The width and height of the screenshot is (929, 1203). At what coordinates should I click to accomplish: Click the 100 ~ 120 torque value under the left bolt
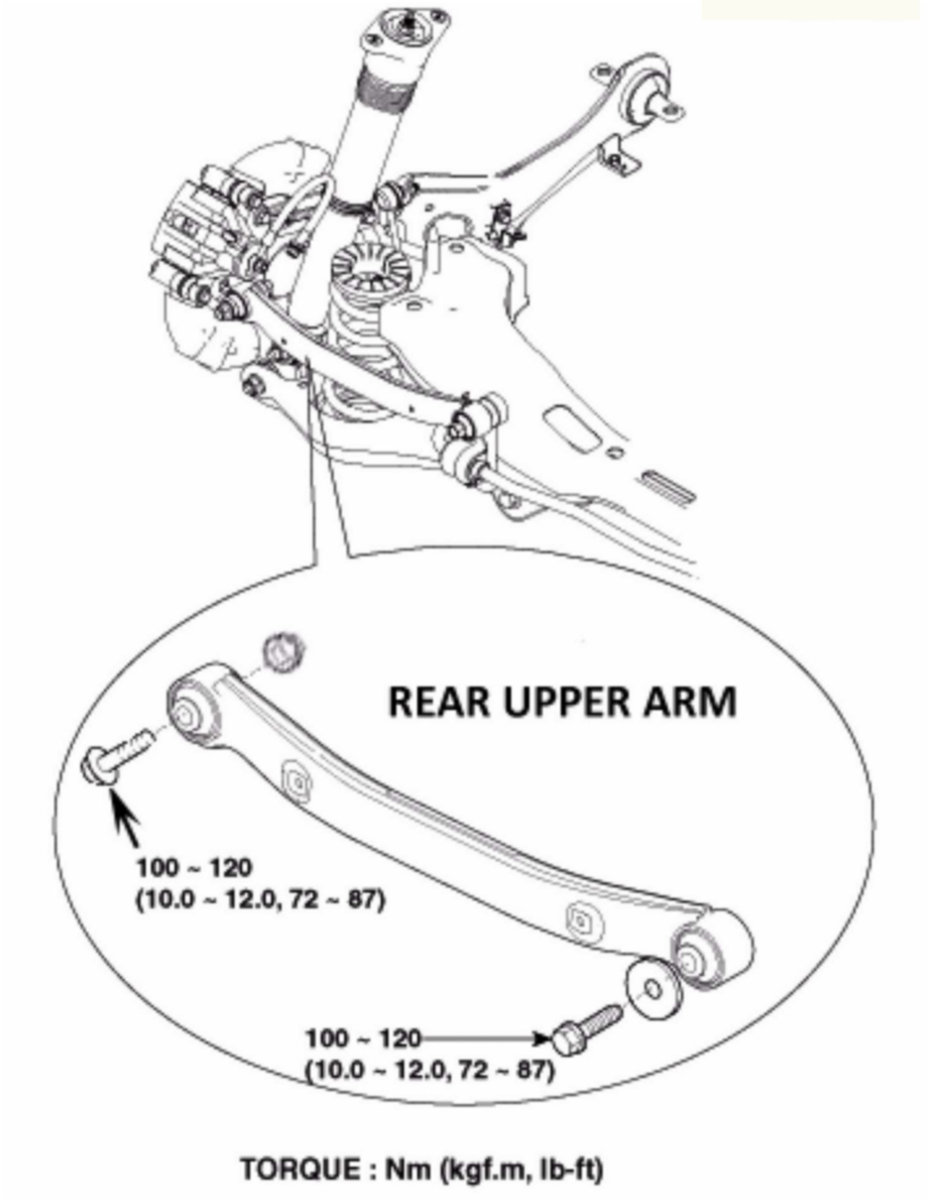(x=194, y=869)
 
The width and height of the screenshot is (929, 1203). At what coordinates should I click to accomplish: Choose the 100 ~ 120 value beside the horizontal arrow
(x=363, y=1039)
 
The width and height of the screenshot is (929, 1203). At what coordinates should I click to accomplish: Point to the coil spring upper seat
(x=365, y=267)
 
